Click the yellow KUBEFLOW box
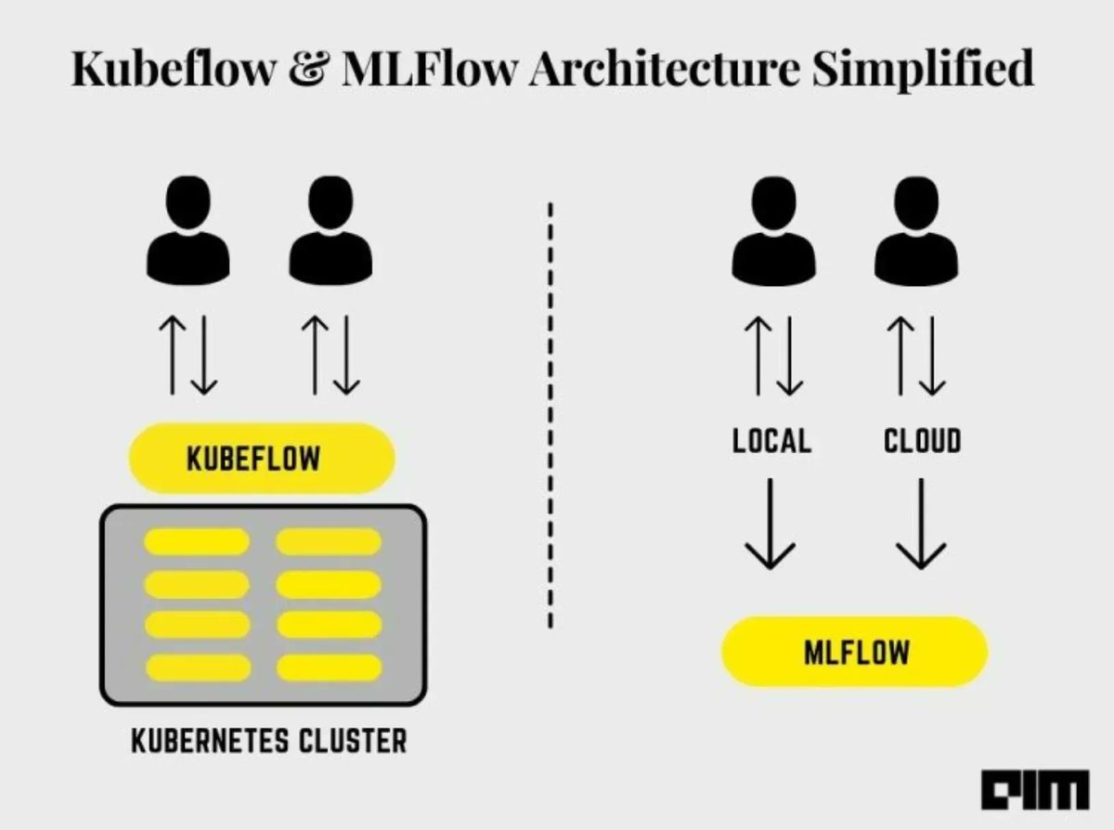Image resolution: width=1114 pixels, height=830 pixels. tap(261, 459)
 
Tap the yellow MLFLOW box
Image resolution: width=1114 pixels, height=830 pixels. tap(854, 652)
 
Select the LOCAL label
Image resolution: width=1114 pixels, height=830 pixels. tap(771, 441)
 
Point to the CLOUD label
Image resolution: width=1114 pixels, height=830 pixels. tap(921, 441)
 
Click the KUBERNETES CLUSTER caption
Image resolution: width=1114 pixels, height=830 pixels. tap(268, 741)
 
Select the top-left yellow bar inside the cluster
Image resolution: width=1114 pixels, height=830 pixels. tap(197, 542)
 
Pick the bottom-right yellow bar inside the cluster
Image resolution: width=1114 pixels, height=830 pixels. tap(329, 668)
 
